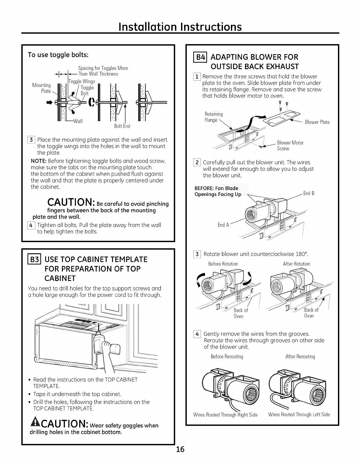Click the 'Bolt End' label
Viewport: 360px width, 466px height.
(x=122, y=126)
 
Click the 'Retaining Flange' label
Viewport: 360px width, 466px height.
(x=213, y=117)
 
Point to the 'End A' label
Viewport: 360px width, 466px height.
(x=223, y=225)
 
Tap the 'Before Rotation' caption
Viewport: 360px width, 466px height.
(x=223, y=264)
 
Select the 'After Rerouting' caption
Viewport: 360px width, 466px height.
(x=300, y=357)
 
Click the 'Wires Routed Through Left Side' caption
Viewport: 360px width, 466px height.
(x=299, y=415)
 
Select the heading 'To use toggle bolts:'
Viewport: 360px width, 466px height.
(x=58, y=55)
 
